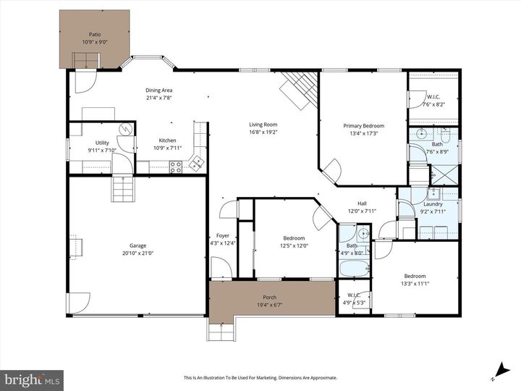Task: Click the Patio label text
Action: (95, 34)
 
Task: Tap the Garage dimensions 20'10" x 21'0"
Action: (137, 253)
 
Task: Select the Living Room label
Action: (263, 125)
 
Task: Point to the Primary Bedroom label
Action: (363, 125)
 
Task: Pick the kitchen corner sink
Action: (196, 164)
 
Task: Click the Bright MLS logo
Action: (32, 379)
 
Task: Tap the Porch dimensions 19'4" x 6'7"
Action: (271, 304)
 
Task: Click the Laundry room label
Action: (433, 203)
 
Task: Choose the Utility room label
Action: (102, 143)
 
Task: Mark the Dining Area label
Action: (159, 91)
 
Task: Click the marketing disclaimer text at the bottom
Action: (260, 377)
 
